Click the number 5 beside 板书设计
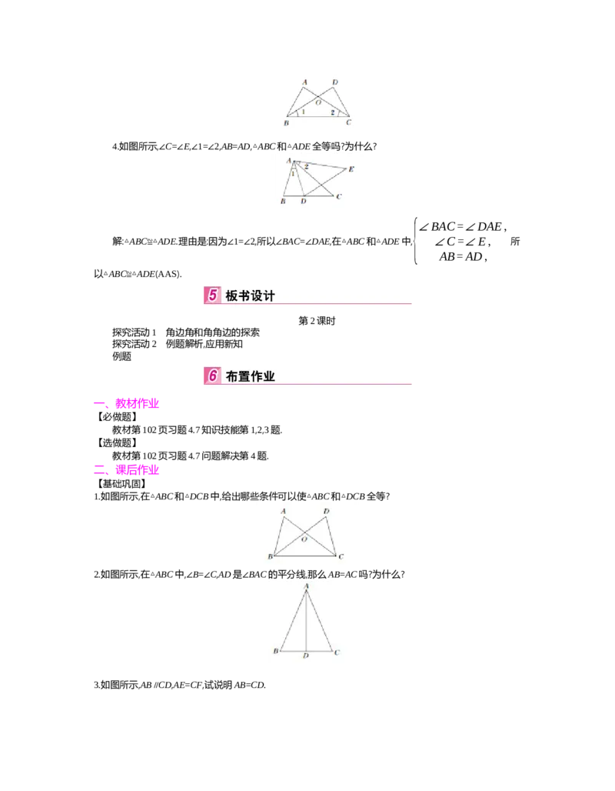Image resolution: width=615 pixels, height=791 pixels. pyautogui.click(x=212, y=295)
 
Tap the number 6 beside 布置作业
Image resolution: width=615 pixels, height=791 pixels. pyautogui.click(x=212, y=375)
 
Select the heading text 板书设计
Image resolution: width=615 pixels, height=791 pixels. pyautogui.click(x=250, y=295)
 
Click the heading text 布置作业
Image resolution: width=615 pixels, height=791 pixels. pyautogui.click(x=250, y=375)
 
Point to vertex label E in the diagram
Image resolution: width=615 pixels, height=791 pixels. pyautogui.click(x=351, y=169)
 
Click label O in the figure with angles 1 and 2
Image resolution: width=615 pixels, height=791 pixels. pyautogui.click(x=317, y=101)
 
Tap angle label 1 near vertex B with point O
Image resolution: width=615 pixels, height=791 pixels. pyautogui.click(x=303, y=112)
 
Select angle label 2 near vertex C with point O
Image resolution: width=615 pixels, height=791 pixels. pyautogui.click(x=332, y=112)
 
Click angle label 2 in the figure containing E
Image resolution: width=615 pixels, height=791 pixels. pyautogui.click(x=306, y=166)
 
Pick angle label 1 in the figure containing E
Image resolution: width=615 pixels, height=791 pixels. pyautogui.click(x=293, y=173)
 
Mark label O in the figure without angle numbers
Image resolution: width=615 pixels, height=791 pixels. pyautogui.click(x=304, y=540)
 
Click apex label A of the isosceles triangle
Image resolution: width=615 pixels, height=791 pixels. pyautogui.click(x=307, y=586)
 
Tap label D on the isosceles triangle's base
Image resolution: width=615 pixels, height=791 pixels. pyautogui.click(x=306, y=656)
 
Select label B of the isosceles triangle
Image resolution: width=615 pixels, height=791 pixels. pyautogui.click(x=275, y=651)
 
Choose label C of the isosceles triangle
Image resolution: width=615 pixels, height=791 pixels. pyautogui.click(x=337, y=651)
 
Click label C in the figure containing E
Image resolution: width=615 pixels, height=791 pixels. pyautogui.click(x=339, y=196)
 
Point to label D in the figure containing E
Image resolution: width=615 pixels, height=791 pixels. pyautogui.click(x=304, y=201)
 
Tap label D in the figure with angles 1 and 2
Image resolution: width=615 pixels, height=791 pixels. pyautogui.click(x=334, y=81)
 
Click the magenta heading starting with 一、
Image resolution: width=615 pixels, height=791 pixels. pyautogui.click(x=126, y=403)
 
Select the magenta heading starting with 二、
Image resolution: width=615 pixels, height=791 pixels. pyautogui.click(x=126, y=469)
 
